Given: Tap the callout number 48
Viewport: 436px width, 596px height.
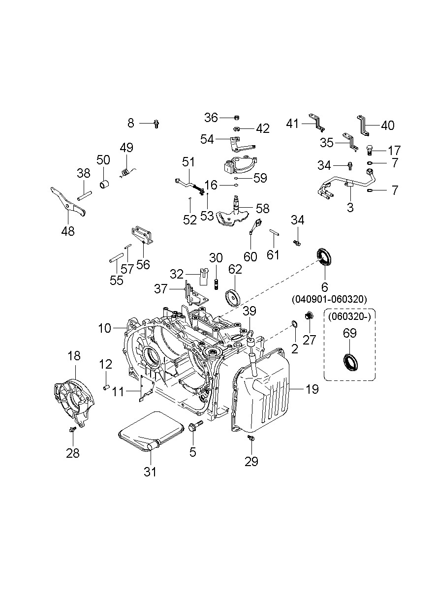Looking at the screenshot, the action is [x=68, y=231].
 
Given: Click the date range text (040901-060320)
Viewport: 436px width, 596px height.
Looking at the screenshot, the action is [x=329, y=299].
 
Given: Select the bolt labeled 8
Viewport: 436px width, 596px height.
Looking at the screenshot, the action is [x=156, y=124].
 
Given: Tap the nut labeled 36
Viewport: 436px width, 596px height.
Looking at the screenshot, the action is [x=237, y=117].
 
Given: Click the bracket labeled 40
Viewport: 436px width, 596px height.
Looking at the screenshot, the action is [x=363, y=126].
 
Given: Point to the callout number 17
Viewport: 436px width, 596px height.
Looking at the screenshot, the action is [x=394, y=151].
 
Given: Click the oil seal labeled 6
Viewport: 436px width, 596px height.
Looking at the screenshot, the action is [x=324, y=257].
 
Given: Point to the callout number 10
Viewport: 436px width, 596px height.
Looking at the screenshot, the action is [x=104, y=328].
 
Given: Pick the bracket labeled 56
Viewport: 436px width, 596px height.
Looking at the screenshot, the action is [x=143, y=234].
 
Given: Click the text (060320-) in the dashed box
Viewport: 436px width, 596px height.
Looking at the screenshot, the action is [x=349, y=317].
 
